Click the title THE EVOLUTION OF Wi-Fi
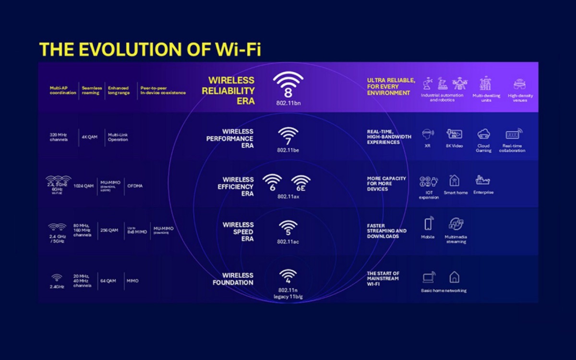point(150,49)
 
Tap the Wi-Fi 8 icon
point(288,84)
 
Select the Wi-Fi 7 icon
point(288,136)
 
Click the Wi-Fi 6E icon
point(301,183)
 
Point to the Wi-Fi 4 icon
point(288,276)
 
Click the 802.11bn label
point(288,103)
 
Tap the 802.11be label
point(288,150)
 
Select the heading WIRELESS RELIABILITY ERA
point(231,91)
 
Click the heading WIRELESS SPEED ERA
point(238,231)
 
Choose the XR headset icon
point(428,134)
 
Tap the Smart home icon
point(454,180)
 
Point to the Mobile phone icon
point(428,224)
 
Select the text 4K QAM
point(90,137)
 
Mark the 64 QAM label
point(107,281)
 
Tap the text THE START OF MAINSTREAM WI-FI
point(383,278)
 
